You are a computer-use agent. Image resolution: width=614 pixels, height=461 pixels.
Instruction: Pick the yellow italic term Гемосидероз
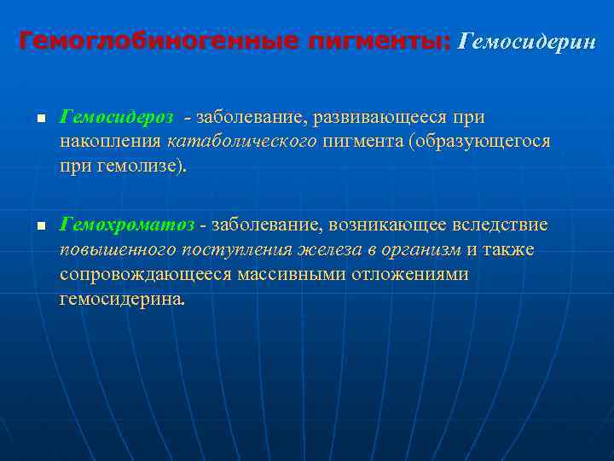[117, 116]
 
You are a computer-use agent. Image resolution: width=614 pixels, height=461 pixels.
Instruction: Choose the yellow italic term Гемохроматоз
[127, 225]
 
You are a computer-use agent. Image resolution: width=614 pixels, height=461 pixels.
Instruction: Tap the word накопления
[111, 141]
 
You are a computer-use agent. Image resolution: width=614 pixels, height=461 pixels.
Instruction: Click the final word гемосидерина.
[121, 300]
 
